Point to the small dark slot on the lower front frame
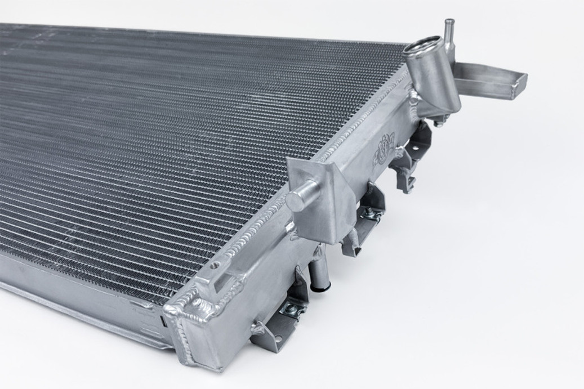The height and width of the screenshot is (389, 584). point(163,322)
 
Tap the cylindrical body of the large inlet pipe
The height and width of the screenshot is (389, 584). point(433,79)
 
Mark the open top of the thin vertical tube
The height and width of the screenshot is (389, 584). point(449,22)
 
